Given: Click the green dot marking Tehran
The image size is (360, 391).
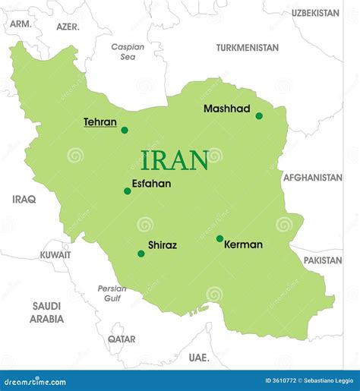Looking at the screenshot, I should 125,130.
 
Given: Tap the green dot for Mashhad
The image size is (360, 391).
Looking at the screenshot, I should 259,116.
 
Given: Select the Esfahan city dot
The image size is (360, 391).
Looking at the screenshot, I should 128,191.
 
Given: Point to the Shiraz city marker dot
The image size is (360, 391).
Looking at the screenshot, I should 141,254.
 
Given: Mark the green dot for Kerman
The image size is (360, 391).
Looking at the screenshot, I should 219,238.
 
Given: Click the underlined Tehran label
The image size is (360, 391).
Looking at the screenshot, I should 100,121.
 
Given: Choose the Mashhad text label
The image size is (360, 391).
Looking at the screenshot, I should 226,109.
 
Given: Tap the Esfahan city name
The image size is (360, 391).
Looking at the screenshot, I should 151,183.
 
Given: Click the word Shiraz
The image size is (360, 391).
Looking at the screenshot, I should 163,245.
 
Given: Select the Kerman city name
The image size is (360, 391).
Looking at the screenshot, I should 243,244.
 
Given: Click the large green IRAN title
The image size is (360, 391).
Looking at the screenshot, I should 175,160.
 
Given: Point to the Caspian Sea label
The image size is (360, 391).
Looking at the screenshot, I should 128,52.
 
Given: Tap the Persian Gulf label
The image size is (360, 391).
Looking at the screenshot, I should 112,293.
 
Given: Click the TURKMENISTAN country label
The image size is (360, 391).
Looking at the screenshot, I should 247,47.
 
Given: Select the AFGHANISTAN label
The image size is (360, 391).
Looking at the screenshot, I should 313,178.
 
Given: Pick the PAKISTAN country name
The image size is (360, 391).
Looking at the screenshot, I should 323,260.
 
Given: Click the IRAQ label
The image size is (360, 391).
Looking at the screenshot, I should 24,199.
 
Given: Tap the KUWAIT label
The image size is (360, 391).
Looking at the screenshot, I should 55,255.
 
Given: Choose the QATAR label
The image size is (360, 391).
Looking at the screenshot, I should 122,339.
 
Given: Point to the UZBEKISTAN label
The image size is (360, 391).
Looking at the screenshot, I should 315,13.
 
